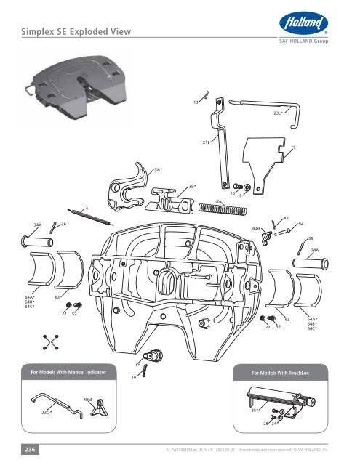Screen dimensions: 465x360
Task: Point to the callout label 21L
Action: (206, 142)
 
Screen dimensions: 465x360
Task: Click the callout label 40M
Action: (87, 400)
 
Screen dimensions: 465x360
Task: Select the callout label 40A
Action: (255, 228)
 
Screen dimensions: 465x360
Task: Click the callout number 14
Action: (134, 378)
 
